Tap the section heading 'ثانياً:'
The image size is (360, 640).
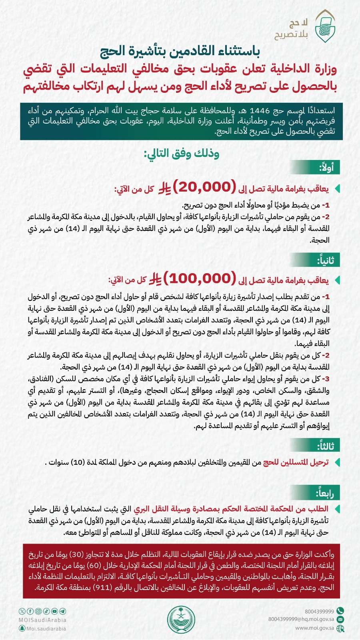click(x=325, y=260)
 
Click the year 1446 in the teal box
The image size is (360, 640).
click(x=260, y=111)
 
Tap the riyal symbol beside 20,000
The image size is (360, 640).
click(x=164, y=187)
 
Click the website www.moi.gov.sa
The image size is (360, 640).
click(x=314, y=628)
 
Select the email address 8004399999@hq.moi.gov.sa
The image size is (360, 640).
click(x=301, y=619)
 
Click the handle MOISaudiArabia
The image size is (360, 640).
click(x=42, y=620)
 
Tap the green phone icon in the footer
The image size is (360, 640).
click(x=340, y=611)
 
